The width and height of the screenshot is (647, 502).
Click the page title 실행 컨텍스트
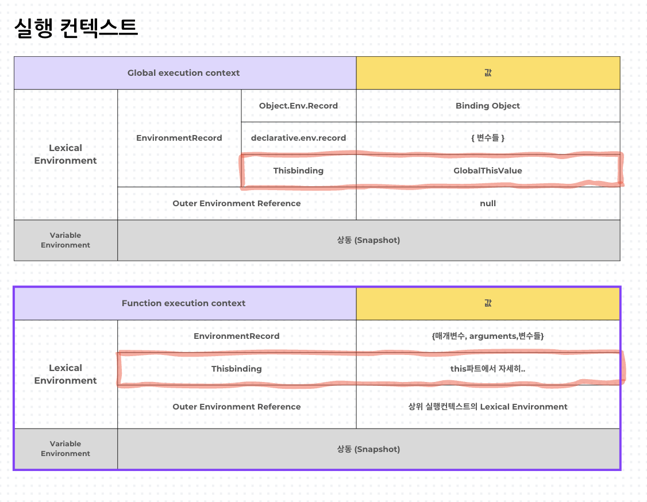pos(76,28)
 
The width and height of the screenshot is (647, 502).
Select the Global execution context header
pos(183,73)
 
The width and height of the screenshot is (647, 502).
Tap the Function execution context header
pos(183,303)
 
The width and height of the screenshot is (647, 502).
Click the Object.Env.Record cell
pos(298,106)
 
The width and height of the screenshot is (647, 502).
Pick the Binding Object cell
pos(488,106)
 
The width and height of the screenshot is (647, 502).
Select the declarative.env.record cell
pos(298,138)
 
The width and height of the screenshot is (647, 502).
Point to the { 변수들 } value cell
pos(488,138)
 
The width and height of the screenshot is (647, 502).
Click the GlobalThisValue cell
pos(488,171)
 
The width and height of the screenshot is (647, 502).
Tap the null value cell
pos(488,203)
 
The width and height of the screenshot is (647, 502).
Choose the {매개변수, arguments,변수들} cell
pos(488,336)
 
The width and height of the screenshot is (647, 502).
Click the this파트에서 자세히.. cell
pos(488,369)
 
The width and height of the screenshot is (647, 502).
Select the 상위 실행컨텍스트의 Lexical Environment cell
pos(488,407)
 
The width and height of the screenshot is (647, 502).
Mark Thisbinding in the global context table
pos(298,171)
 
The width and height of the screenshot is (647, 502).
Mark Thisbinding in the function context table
pos(236,369)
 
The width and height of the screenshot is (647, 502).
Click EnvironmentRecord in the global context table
pos(179,138)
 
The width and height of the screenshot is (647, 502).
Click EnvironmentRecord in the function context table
pos(236,336)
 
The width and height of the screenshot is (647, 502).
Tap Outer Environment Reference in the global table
pos(236,203)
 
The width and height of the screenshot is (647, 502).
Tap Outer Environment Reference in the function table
pos(236,407)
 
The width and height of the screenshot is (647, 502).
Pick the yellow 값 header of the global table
pos(488,73)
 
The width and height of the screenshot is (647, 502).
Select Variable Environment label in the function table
pos(66,449)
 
